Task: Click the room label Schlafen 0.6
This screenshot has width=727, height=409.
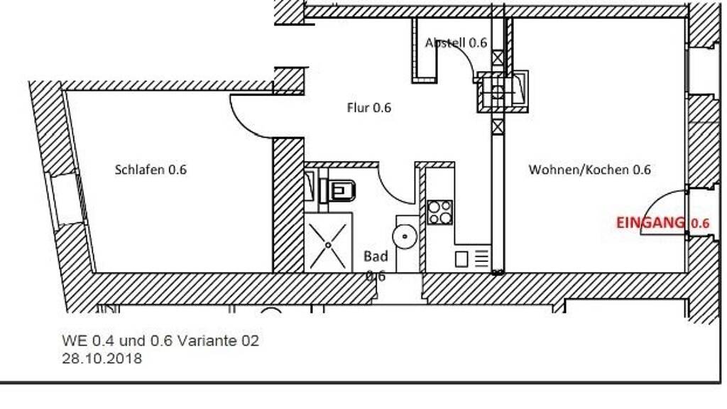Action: pyautogui.click(x=151, y=170)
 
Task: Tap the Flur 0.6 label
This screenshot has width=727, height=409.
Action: pyautogui.click(x=368, y=108)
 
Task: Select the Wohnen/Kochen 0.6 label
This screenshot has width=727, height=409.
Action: pyautogui.click(x=589, y=170)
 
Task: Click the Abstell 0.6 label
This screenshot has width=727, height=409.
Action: pyautogui.click(x=456, y=43)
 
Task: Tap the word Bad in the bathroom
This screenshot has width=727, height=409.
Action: pyautogui.click(x=376, y=256)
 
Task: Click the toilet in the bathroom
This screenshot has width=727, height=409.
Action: pyautogui.click(x=340, y=190)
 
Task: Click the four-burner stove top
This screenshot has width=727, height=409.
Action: pyautogui.click(x=440, y=212)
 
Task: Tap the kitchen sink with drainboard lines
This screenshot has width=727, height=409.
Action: pyautogui.click(x=471, y=258)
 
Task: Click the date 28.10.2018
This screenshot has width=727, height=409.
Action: pyautogui.click(x=102, y=359)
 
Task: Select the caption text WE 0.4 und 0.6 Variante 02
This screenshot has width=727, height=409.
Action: pyautogui.click(x=160, y=341)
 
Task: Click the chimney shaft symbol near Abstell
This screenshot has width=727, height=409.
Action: pyautogui.click(x=504, y=90)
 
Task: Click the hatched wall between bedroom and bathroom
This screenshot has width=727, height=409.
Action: pyautogui.click(x=288, y=206)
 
